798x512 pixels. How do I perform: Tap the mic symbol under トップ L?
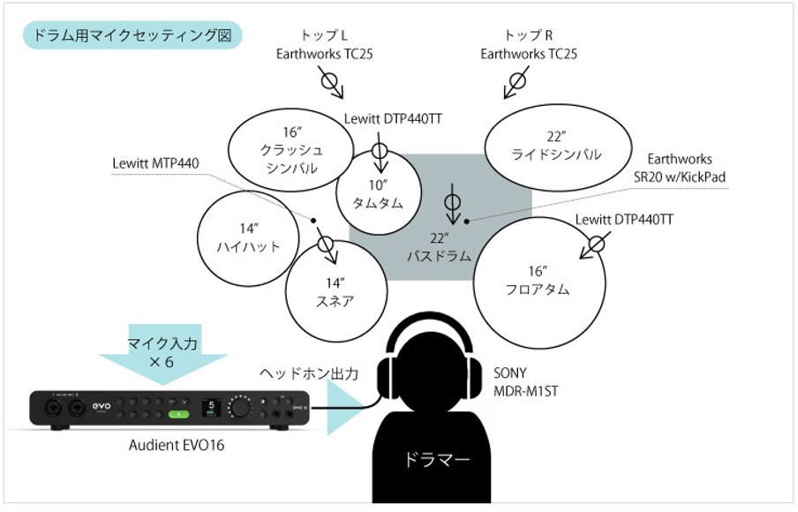[x=330, y=80]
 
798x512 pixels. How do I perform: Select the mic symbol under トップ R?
[x=518, y=80]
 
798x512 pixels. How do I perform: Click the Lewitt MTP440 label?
[x=156, y=163]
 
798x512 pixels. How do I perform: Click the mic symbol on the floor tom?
[x=597, y=244]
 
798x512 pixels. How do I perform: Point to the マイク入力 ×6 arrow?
[x=165, y=354]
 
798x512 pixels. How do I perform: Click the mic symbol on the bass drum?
[x=453, y=202]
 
